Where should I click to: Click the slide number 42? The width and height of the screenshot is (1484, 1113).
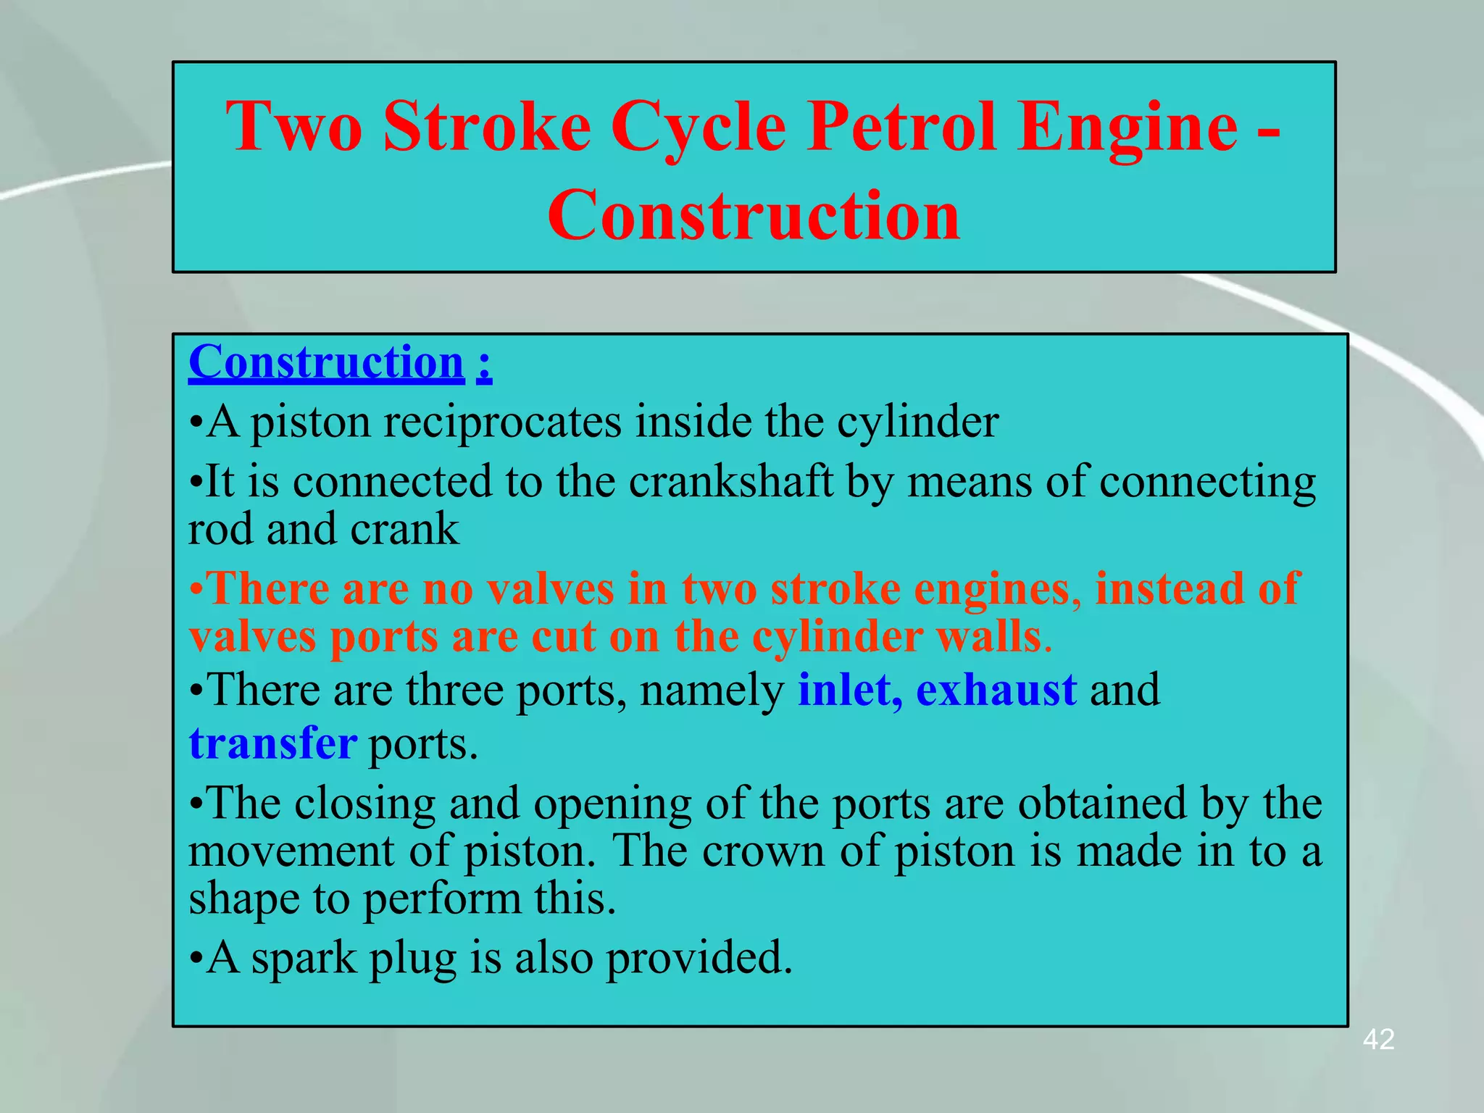pos(1378,1040)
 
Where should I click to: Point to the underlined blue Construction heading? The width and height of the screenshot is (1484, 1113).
pos(326,362)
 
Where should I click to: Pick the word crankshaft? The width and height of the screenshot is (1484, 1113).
pos(730,482)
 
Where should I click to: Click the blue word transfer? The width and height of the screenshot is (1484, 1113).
pos(272,743)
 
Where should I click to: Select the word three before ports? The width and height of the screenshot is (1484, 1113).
pos(454,690)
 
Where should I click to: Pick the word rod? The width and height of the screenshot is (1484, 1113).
pos(220,530)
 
